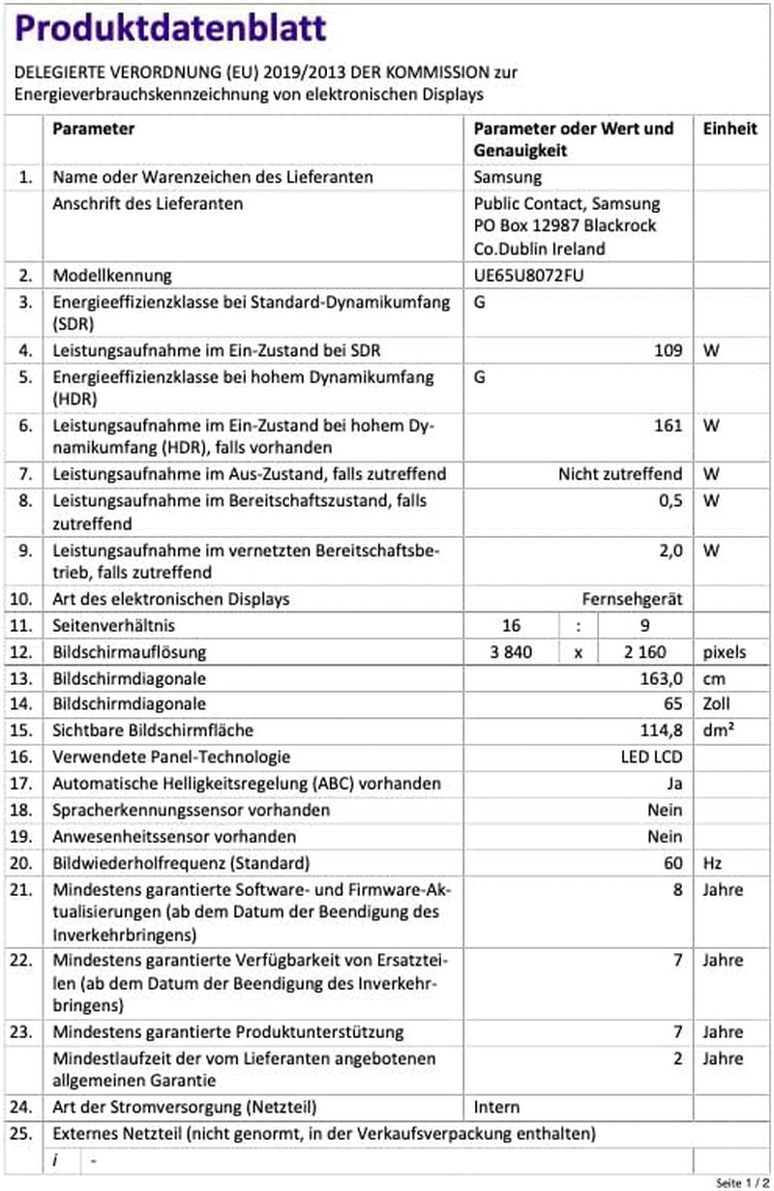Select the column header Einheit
coord(729,129)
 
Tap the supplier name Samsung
coord(508,177)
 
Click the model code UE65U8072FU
coord(528,276)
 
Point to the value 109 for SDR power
coord(668,349)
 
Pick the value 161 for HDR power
coord(668,425)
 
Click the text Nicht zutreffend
coord(620,474)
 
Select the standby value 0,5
coord(670,500)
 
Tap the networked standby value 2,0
coord(670,550)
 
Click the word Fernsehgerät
coord(632,599)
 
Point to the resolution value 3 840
coord(512,652)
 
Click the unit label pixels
coord(726,652)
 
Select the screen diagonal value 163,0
coord(663,678)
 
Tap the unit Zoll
coord(718,704)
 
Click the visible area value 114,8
coord(663,730)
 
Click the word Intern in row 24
coord(496,1107)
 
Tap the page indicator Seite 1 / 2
coord(741,1182)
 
